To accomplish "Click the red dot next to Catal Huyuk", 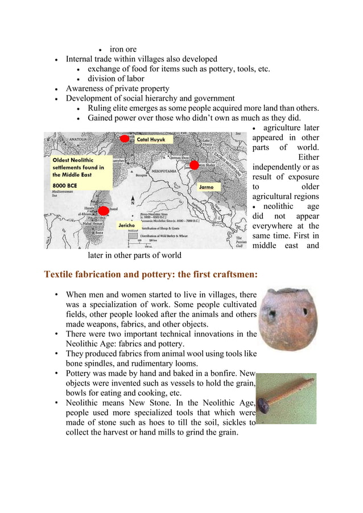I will click(125, 138).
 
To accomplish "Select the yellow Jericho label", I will click(126, 226).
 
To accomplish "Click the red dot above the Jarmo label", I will click(194, 166).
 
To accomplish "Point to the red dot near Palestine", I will click(104, 210).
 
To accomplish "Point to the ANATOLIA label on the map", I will click(59, 136).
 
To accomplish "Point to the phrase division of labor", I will click(115, 79).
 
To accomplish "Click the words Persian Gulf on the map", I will click(241, 242).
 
